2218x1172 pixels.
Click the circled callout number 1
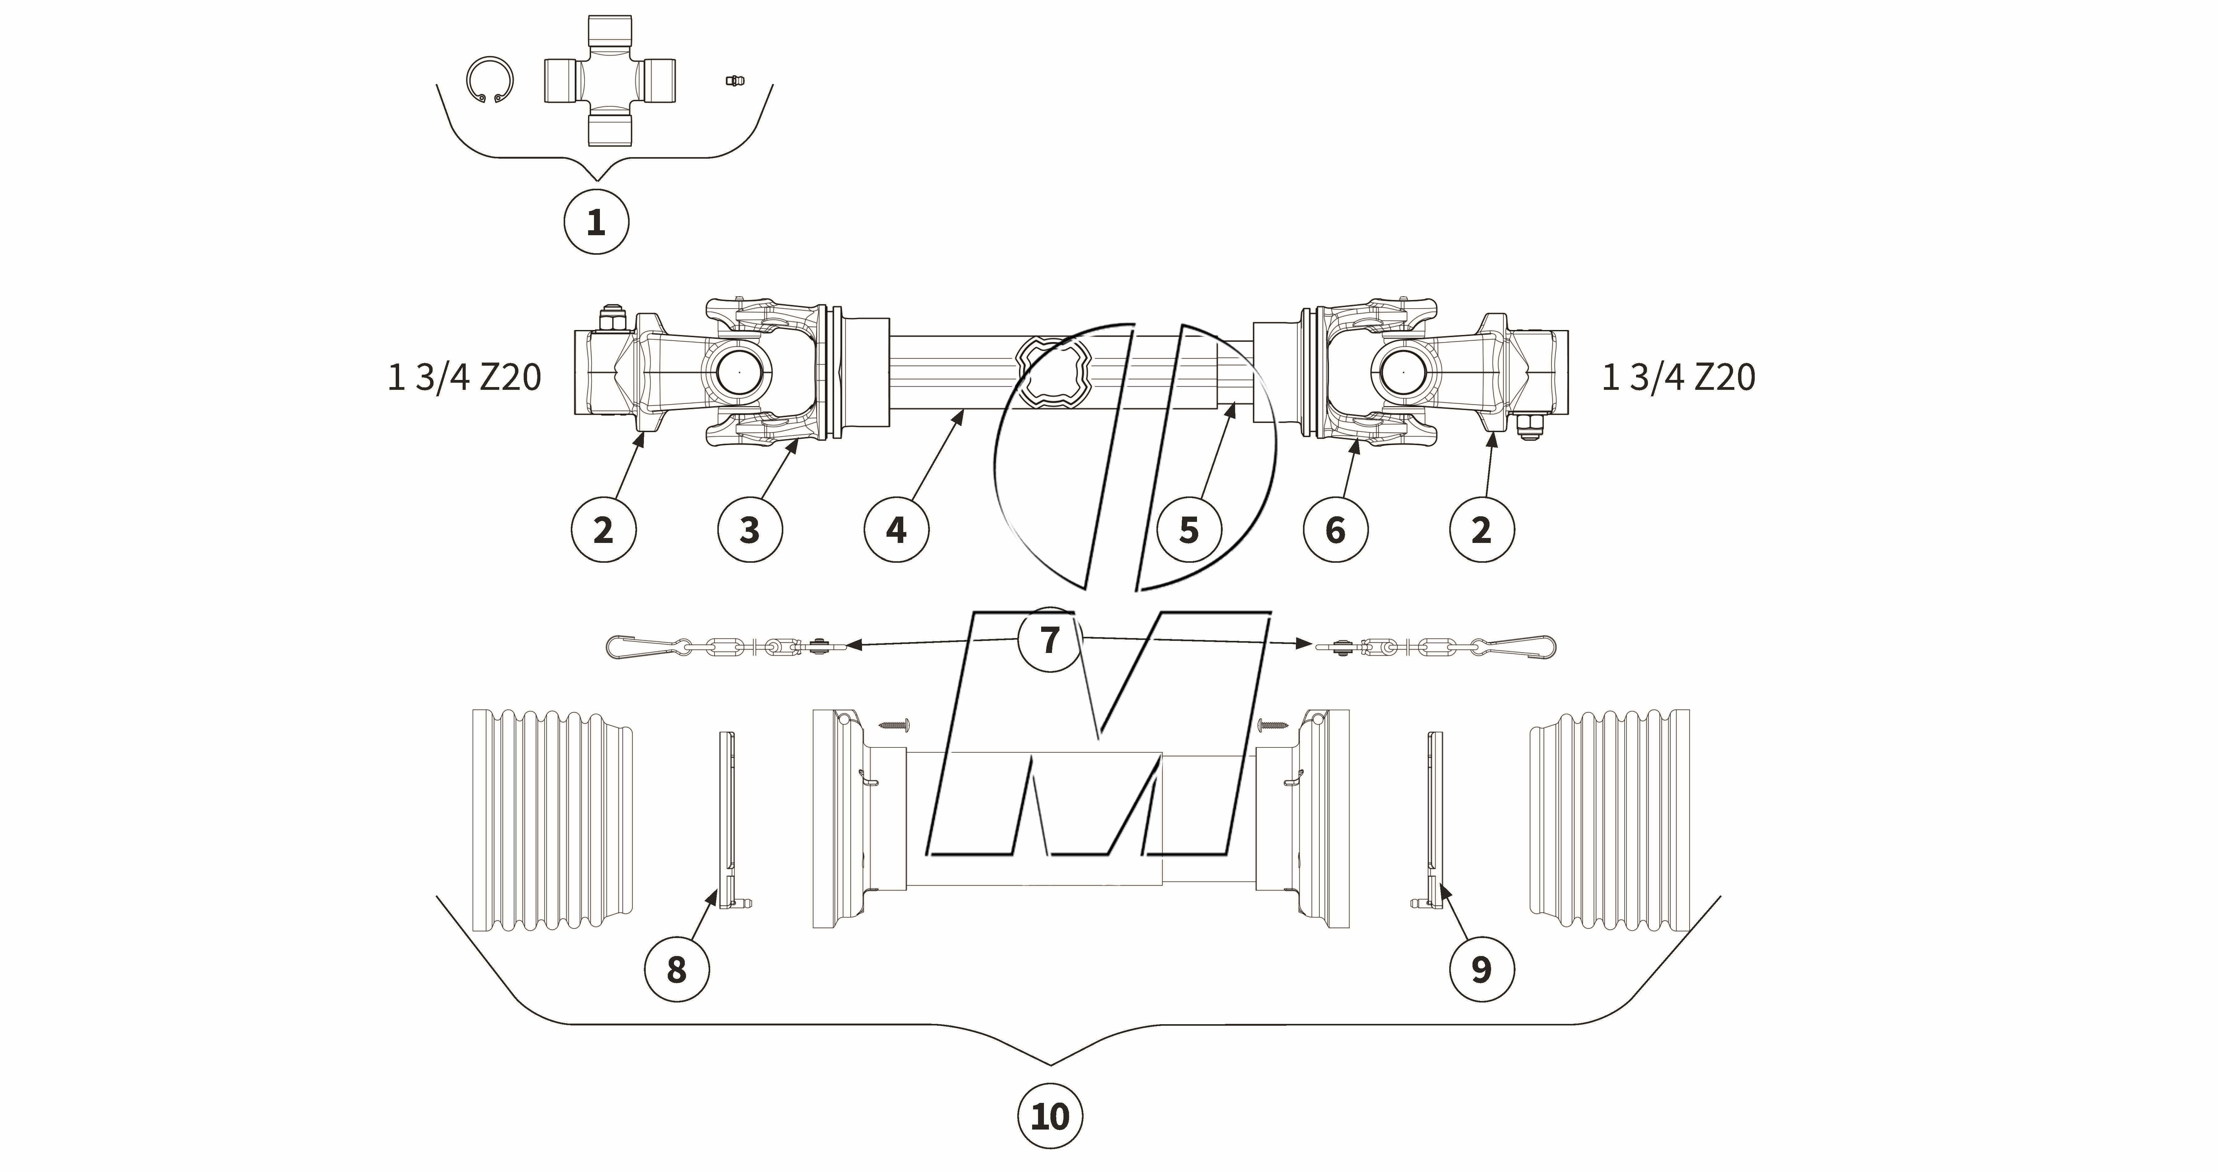click(596, 222)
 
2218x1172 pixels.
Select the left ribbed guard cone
click(551, 820)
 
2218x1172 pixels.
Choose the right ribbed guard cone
click(1610, 820)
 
